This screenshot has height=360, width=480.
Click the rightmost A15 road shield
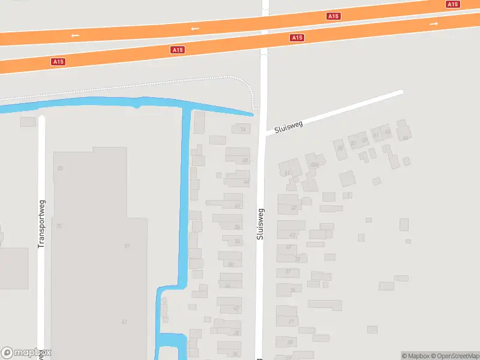453,4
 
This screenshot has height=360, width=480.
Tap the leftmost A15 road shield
58,61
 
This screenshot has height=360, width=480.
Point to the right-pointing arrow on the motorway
434,23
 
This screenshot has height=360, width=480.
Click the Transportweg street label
41,223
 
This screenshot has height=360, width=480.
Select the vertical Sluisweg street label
260,224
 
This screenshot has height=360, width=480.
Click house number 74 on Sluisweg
243,130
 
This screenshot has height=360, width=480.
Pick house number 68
245,161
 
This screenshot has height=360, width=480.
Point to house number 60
237,206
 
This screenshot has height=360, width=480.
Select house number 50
231,264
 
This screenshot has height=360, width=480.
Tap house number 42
236,309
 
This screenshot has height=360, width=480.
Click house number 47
293,208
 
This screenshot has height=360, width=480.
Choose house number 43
292,235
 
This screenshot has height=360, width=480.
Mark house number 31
291,322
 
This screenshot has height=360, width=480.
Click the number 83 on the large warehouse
60,168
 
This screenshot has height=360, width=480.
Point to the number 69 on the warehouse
127,246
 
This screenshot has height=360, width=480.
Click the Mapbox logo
26,353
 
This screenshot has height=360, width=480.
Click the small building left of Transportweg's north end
28,122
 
